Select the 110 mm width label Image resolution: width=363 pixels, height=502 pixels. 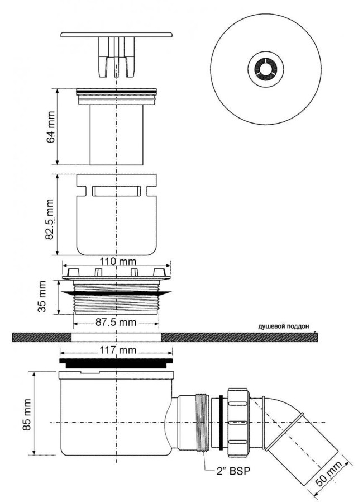(117, 262)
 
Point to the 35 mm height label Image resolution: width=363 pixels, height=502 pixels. (42, 297)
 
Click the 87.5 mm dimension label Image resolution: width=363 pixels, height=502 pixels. (116, 322)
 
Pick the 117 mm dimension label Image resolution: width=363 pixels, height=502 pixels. (117, 351)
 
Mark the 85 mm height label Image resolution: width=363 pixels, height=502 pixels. (27, 415)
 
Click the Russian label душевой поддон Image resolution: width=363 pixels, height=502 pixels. (284, 326)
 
